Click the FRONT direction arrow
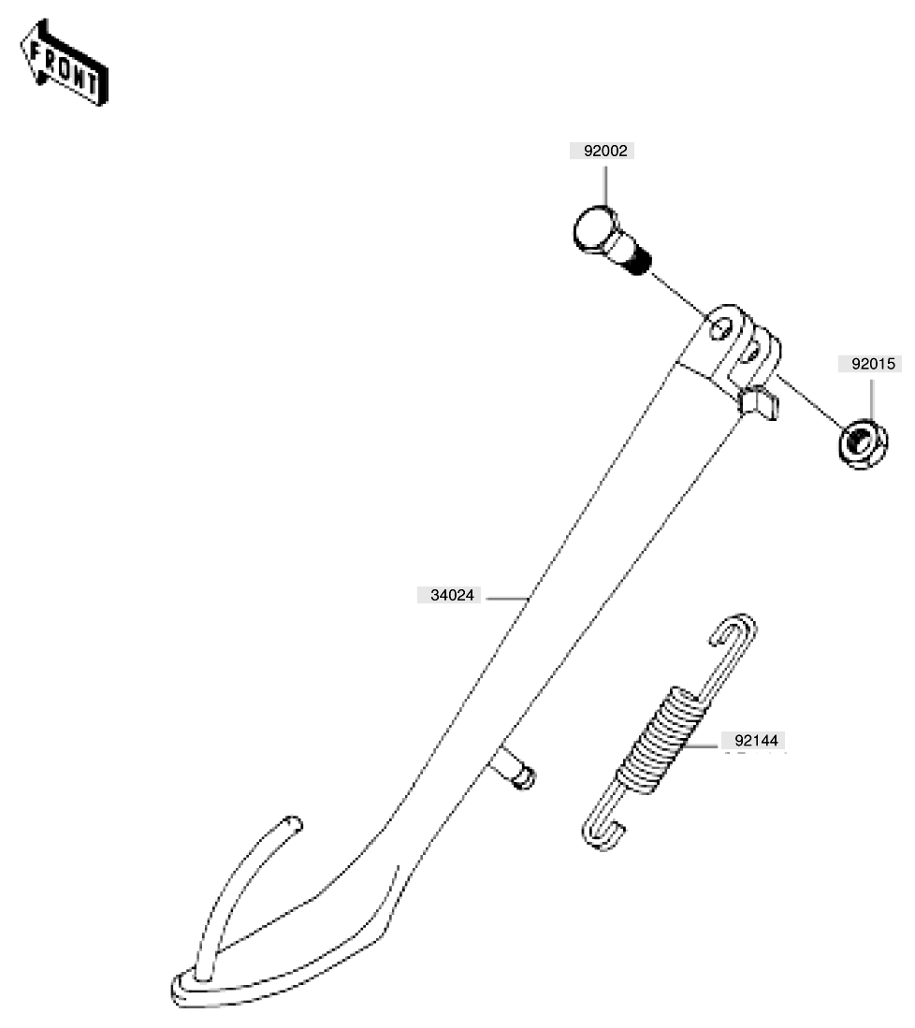[63, 63]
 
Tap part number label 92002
[604, 151]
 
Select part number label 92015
[872, 364]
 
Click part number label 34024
[451, 595]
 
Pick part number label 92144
[755, 741]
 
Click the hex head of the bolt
[596, 230]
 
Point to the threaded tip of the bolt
[637, 263]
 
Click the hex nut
[864, 444]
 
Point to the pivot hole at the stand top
[721, 329]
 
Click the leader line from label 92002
[605, 186]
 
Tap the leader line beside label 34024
[507, 599]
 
